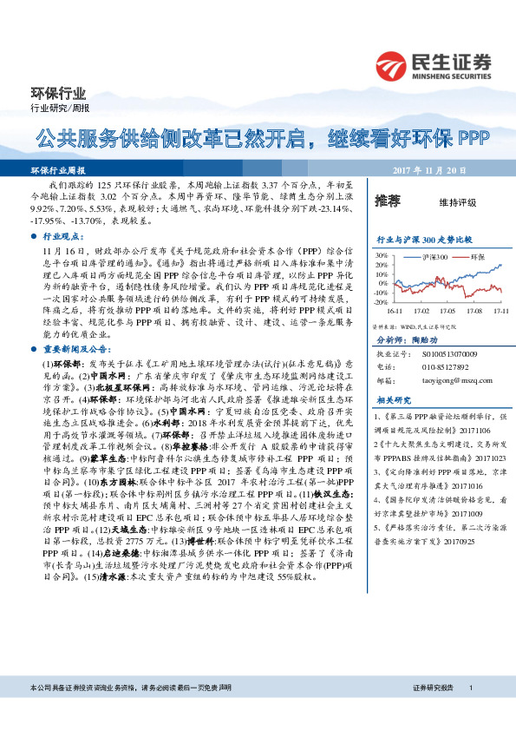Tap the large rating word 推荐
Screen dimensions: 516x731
point(387,201)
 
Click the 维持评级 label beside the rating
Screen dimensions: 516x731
point(457,202)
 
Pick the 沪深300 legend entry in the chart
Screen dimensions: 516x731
point(434,258)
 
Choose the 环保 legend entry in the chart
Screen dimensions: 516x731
point(477,258)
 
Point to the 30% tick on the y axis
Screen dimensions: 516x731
point(380,255)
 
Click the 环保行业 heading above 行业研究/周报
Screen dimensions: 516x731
point(53,92)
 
